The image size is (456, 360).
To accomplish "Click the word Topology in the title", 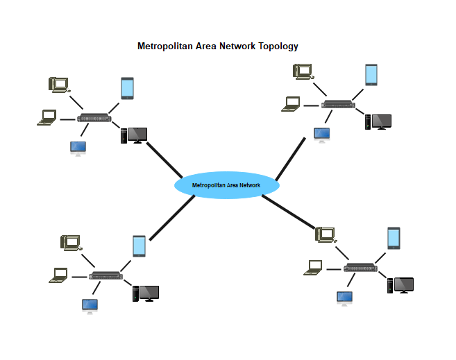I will tap(278, 46).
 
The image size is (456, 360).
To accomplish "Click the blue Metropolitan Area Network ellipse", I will tap(226, 185).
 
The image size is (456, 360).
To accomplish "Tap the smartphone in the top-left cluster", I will tap(127, 87).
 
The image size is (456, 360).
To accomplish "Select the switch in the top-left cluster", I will tap(94, 118).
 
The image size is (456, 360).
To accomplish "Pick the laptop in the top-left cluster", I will tap(47, 118).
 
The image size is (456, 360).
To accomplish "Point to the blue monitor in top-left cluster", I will tap(78, 148).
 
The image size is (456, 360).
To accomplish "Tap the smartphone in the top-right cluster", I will tap(371, 74).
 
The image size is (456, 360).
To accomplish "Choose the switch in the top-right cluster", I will tap(338, 104).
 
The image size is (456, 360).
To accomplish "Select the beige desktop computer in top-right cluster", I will tap(303, 70).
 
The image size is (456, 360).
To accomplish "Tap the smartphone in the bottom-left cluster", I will tap(139, 246).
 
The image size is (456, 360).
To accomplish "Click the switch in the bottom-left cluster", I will tap(105, 275).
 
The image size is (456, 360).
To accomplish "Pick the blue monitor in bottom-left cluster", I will tap(90, 305).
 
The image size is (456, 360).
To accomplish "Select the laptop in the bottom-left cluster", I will tap(59, 275).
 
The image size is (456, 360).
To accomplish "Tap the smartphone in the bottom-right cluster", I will tap(394, 238).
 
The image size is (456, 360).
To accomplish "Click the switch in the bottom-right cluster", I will tap(361, 268).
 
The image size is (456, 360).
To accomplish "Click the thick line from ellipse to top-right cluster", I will tap(290, 159).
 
